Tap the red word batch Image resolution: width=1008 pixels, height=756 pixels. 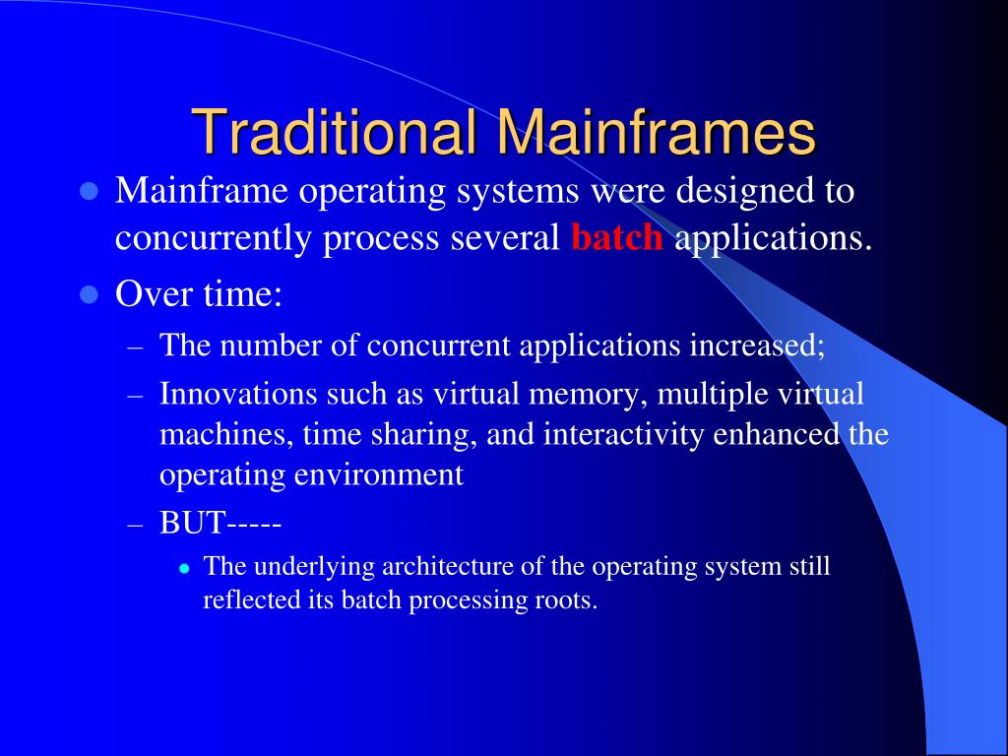617,239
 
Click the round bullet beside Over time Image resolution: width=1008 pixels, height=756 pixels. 90,294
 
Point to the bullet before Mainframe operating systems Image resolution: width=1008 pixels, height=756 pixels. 90,190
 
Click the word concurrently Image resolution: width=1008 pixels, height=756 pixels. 214,239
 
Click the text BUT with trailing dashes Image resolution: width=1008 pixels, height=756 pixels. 221,523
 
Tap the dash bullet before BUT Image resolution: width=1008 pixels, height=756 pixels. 137,524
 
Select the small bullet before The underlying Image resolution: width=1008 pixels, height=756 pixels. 184,569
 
